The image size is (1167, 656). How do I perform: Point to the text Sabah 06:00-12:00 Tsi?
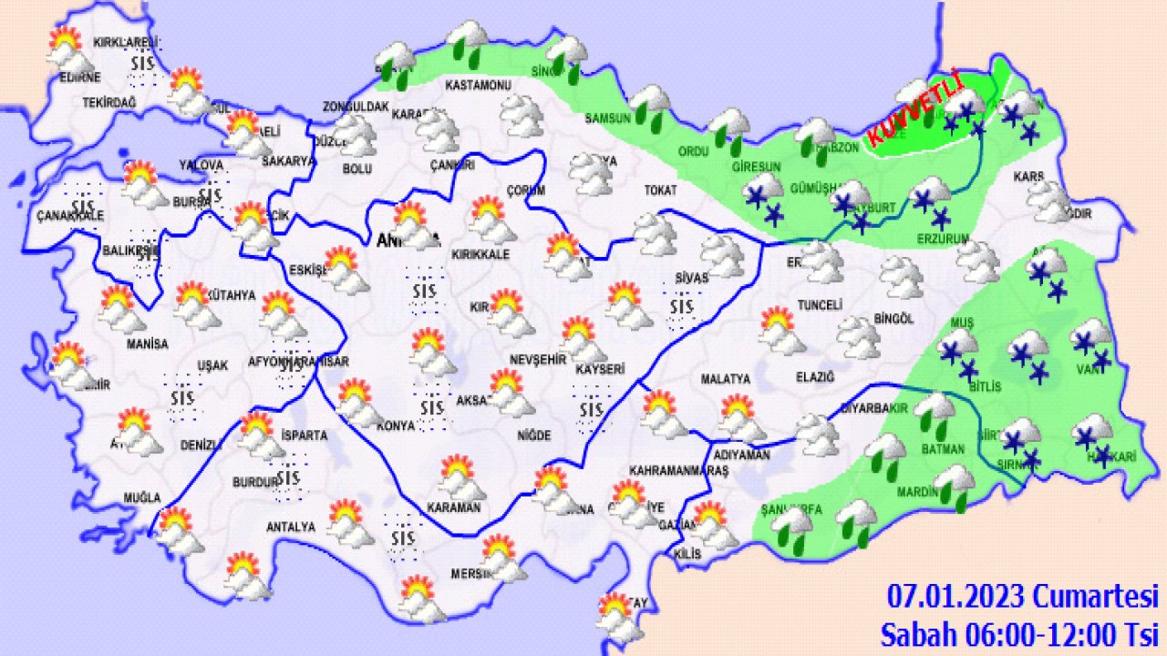pyautogui.click(x=1018, y=632)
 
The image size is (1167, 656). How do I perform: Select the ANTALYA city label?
pyautogui.click(x=290, y=527)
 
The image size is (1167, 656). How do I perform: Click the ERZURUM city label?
pyautogui.click(x=940, y=240)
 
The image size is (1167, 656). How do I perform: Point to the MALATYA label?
pyautogui.click(x=725, y=378)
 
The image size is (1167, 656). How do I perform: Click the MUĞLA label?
pyautogui.click(x=143, y=497)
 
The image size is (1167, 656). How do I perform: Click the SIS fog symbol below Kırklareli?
pyautogui.click(x=142, y=64)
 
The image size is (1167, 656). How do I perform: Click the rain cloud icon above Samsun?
pyautogui.click(x=651, y=102)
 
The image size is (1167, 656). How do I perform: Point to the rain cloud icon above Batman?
pyautogui.click(x=935, y=412)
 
